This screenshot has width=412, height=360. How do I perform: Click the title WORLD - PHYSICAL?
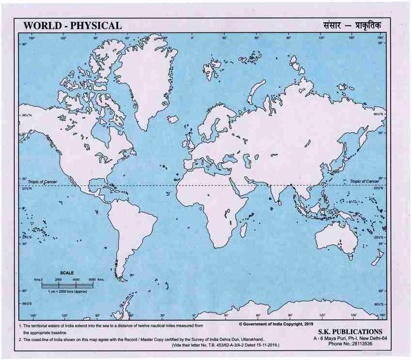click(x=73, y=25)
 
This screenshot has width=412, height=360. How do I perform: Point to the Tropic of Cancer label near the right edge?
click(x=364, y=181)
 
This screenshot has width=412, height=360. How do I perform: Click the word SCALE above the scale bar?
click(x=67, y=273)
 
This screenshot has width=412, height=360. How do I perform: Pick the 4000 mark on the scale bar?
click(x=76, y=280)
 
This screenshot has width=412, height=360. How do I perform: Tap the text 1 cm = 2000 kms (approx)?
click(x=68, y=292)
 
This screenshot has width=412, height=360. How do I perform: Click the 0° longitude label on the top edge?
click(x=192, y=38)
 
